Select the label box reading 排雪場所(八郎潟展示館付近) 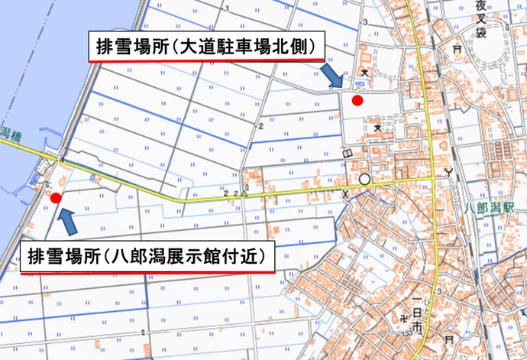click(145, 255)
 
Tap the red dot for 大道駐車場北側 click(356, 100)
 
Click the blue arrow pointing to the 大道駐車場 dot click(331, 76)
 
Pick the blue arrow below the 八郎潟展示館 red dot click(68, 222)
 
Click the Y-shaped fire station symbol click(457, 170)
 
